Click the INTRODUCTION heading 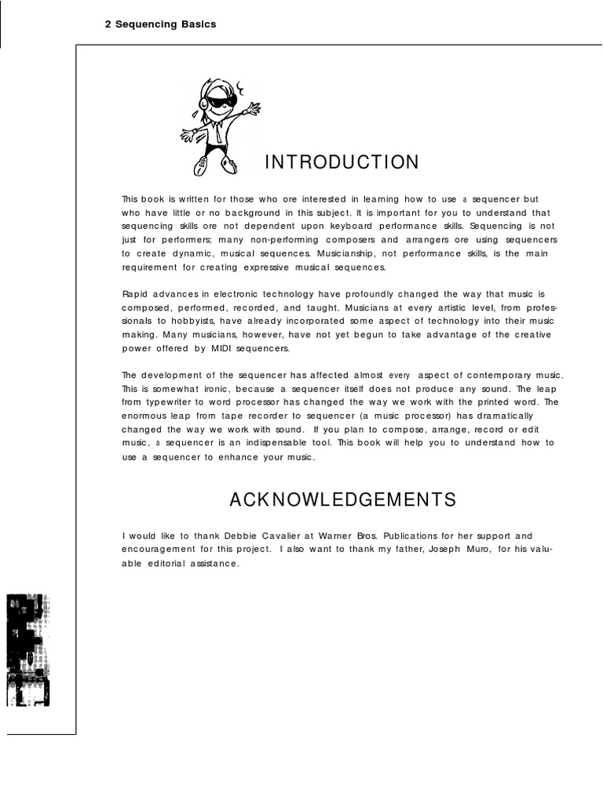tap(342, 162)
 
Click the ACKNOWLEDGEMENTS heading tap(342, 500)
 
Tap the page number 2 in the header tap(108, 24)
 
